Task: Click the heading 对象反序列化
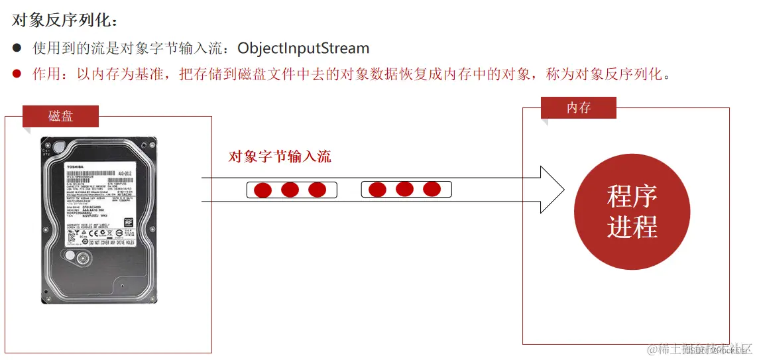pos(64,21)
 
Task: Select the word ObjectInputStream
pos(303,48)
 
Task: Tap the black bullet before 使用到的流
pos(17,48)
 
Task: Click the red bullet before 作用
pos(17,74)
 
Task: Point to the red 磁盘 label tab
pos(60,116)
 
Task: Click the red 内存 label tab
pos(578,107)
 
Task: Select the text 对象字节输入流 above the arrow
pos(279,156)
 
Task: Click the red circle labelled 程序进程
pos(632,212)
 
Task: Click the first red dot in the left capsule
pos(263,190)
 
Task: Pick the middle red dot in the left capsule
pos(290,190)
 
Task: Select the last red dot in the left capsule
pos(318,190)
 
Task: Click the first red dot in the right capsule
pos(377,190)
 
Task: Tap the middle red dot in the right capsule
pos(404,190)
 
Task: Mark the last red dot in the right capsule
pos(432,190)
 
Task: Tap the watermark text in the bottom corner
pos(699,349)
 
